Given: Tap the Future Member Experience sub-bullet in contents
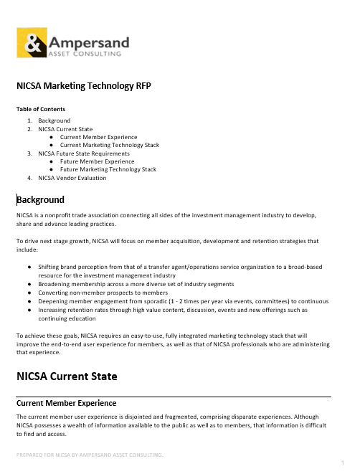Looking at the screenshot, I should point(97,161).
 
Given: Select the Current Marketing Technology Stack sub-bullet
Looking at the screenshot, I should point(109,145).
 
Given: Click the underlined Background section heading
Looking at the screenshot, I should point(40,199).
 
